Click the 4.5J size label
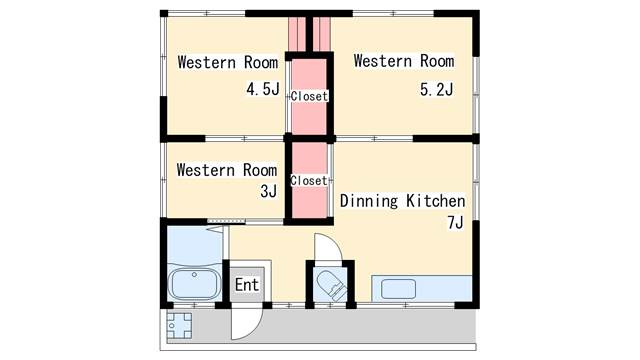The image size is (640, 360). pyautogui.click(x=263, y=89)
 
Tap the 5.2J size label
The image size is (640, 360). pyautogui.click(x=436, y=89)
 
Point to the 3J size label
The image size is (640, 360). pyautogui.click(x=269, y=191)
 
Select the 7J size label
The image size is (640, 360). pyautogui.click(x=456, y=222)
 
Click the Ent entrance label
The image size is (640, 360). pyautogui.click(x=247, y=284)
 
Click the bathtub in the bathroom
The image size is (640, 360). pyautogui.click(x=194, y=284)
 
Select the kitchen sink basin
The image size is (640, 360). pyautogui.click(x=398, y=289)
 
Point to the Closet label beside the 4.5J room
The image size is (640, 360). pyautogui.click(x=309, y=96)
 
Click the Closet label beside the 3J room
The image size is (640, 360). pyautogui.click(x=309, y=180)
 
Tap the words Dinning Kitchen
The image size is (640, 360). pyautogui.click(x=402, y=201)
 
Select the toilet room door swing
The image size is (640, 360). pyautogui.click(x=328, y=247)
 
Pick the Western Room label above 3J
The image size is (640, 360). pyautogui.click(x=227, y=170)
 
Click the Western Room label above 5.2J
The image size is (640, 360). pyautogui.click(x=404, y=61)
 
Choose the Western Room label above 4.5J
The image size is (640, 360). pyautogui.click(x=228, y=62)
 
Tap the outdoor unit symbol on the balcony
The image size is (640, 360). pyautogui.click(x=179, y=325)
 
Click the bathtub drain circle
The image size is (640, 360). pyautogui.click(x=194, y=275)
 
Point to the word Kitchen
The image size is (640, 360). pyautogui.click(x=436, y=201)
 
